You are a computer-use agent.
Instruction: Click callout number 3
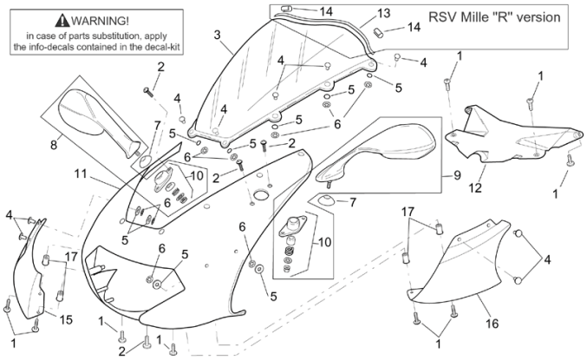(217, 35)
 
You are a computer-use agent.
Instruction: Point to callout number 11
(81, 173)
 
